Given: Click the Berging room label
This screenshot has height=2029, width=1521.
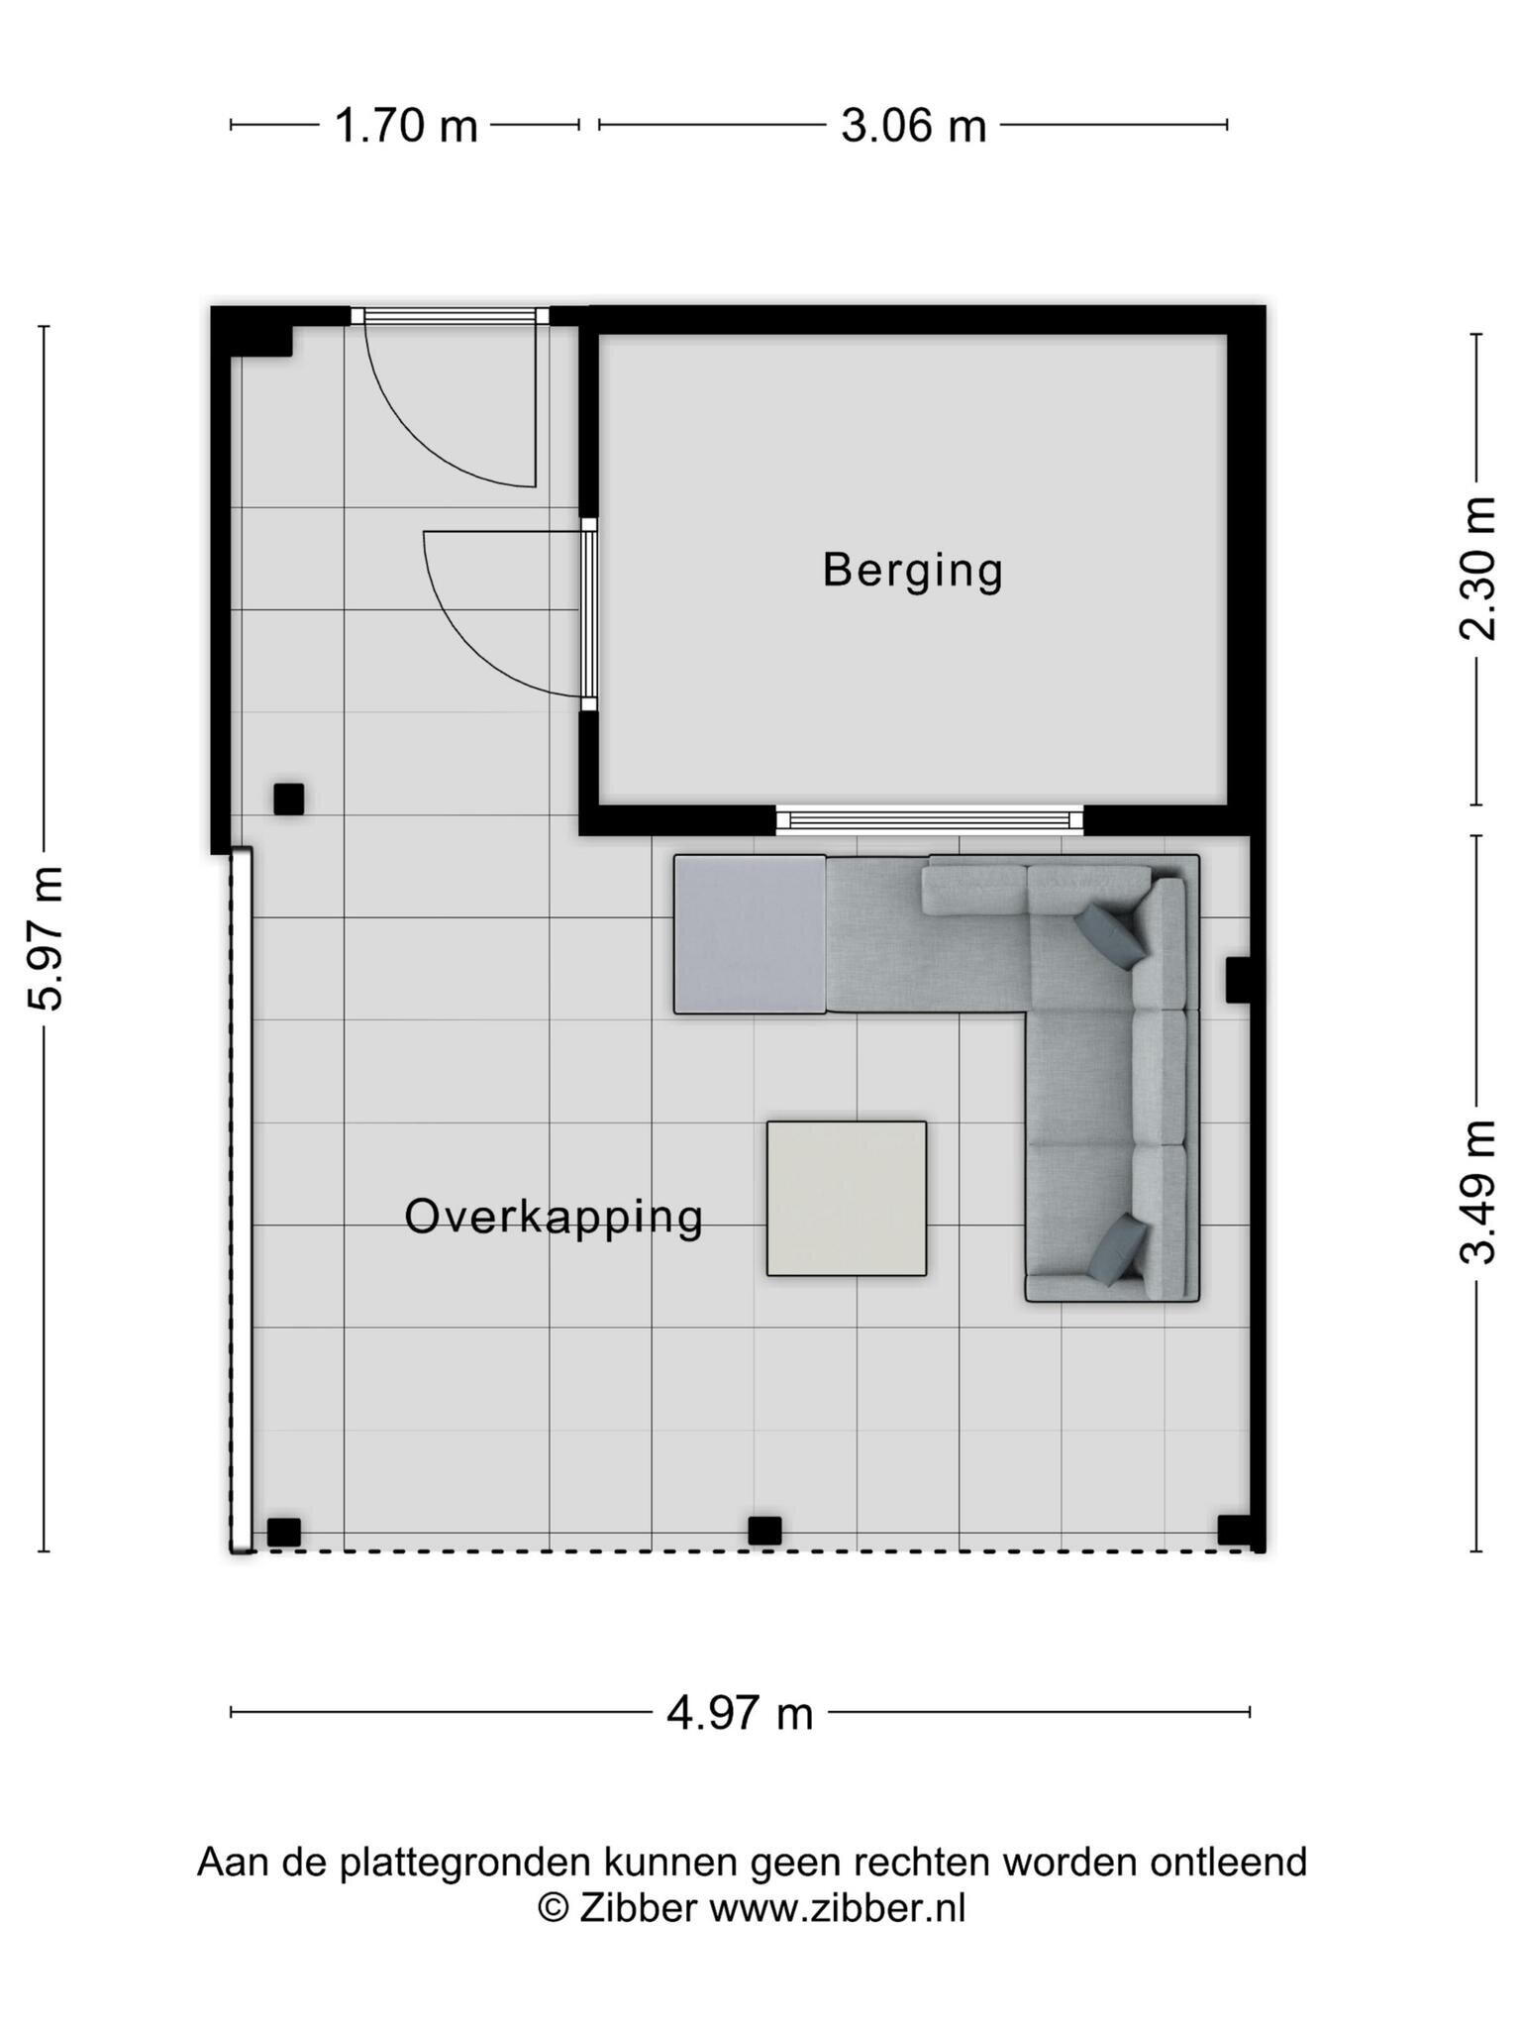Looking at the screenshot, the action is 913,572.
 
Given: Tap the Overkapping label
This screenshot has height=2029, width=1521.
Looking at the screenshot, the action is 554,1218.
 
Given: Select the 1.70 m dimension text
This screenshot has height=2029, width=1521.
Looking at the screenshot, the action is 406,126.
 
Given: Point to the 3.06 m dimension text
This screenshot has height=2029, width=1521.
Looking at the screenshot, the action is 913,126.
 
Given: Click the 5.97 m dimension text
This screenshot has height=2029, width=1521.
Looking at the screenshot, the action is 47,938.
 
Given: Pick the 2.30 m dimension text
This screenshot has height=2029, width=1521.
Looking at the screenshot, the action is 1477,568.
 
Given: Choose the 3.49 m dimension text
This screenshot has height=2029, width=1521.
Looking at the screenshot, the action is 1477,1193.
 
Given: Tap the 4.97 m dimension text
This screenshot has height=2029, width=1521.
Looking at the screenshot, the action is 740,1713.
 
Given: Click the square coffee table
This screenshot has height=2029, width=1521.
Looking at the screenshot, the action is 847,1199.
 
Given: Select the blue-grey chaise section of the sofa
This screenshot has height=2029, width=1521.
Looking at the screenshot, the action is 750,934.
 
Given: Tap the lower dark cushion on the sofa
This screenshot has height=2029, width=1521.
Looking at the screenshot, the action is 1118,1251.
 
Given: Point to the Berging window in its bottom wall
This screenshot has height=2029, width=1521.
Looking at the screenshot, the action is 930,819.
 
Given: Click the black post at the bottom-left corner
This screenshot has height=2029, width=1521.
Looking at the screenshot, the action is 284,1532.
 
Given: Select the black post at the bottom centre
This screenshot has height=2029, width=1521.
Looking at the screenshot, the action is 764,1531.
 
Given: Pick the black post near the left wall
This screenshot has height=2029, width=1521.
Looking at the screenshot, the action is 288,799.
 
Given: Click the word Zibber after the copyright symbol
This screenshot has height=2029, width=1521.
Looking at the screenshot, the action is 639,1908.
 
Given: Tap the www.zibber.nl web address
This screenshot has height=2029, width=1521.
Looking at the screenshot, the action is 838,1908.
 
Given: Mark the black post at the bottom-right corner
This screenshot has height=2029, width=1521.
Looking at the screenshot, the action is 1234,1531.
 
